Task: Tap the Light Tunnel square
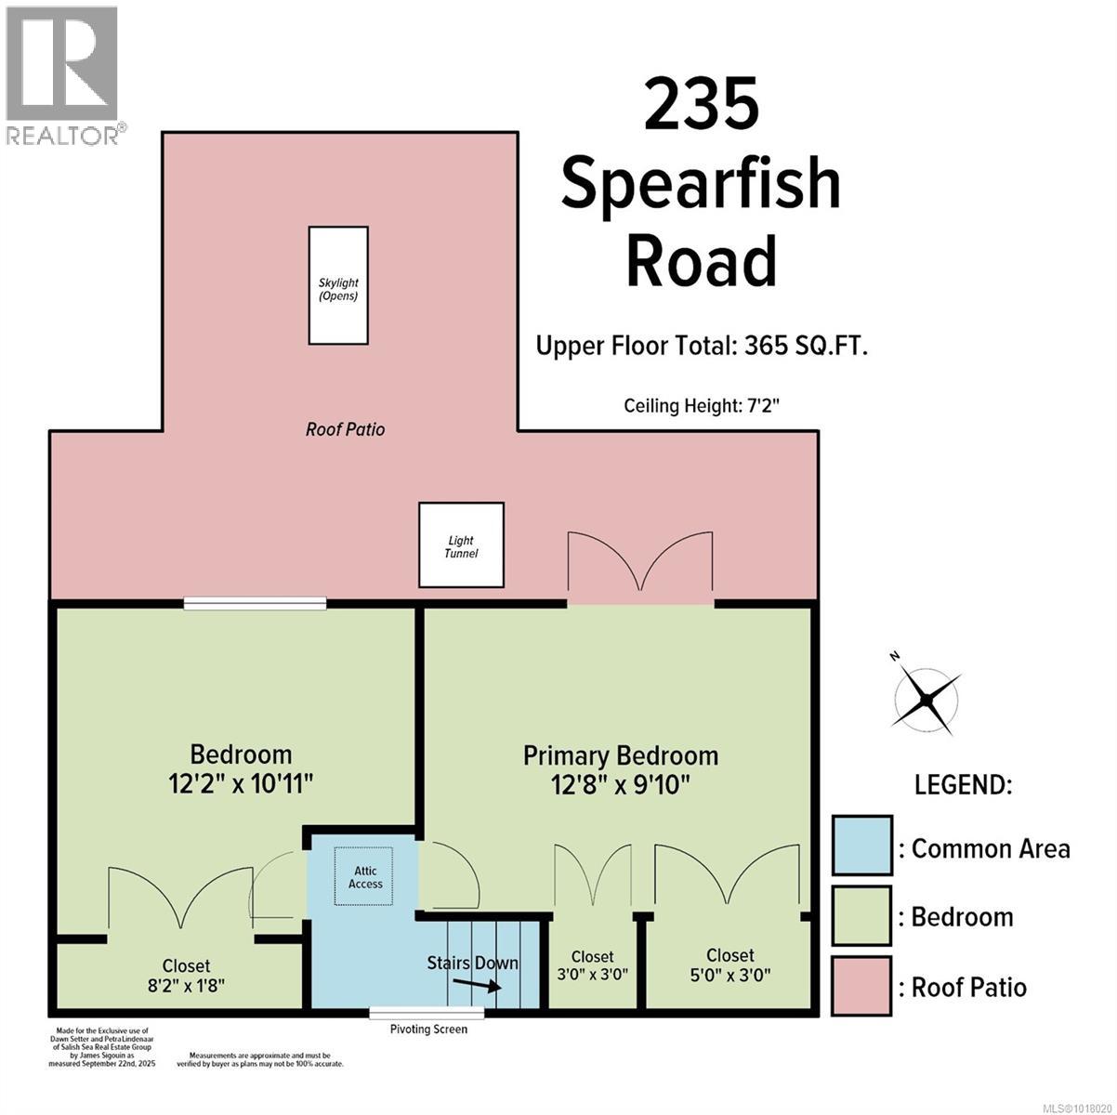pyautogui.click(x=461, y=545)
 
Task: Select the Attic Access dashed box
pyautogui.click(x=365, y=876)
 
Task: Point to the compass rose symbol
pyautogui.click(x=926, y=696)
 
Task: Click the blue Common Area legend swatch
pyautogui.click(x=861, y=846)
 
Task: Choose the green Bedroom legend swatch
pyautogui.click(x=861, y=916)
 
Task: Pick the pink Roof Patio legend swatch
pyautogui.click(x=861, y=986)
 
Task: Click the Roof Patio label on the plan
pyautogui.click(x=345, y=429)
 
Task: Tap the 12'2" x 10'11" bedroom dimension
pyautogui.click(x=241, y=784)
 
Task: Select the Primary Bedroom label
pyautogui.click(x=620, y=755)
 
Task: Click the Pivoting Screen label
pyautogui.click(x=428, y=1030)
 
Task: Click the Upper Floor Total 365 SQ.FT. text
pyautogui.click(x=702, y=347)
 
